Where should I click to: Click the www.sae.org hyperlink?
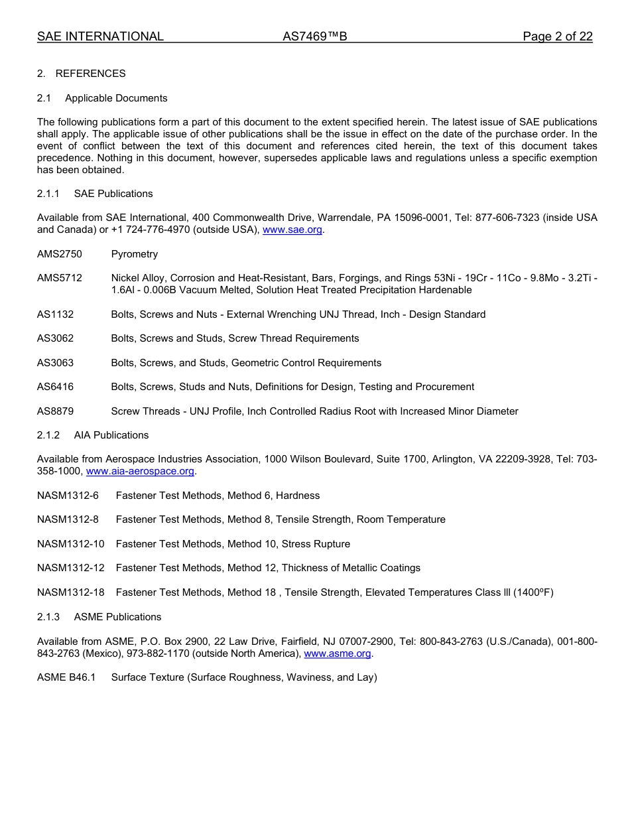coord(292,230)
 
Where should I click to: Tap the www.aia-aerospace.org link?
coord(140,471)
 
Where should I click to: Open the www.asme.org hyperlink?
coord(337,653)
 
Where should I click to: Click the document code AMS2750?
coord(60,254)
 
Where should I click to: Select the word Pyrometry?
coord(135,254)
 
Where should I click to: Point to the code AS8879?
coord(56,411)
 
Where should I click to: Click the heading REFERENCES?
coord(90,74)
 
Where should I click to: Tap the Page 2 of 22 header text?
coord(557,36)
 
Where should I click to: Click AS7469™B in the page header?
coord(314,36)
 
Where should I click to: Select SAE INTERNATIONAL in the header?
coord(100,36)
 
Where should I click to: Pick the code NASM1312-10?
coord(71,544)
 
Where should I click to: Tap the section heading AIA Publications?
coord(111,435)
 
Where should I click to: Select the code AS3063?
coord(56,363)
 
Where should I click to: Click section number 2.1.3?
coord(48,617)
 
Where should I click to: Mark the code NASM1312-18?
coord(71,592)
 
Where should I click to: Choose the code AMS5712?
coord(60,278)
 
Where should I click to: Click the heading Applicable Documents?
coord(116,98)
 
